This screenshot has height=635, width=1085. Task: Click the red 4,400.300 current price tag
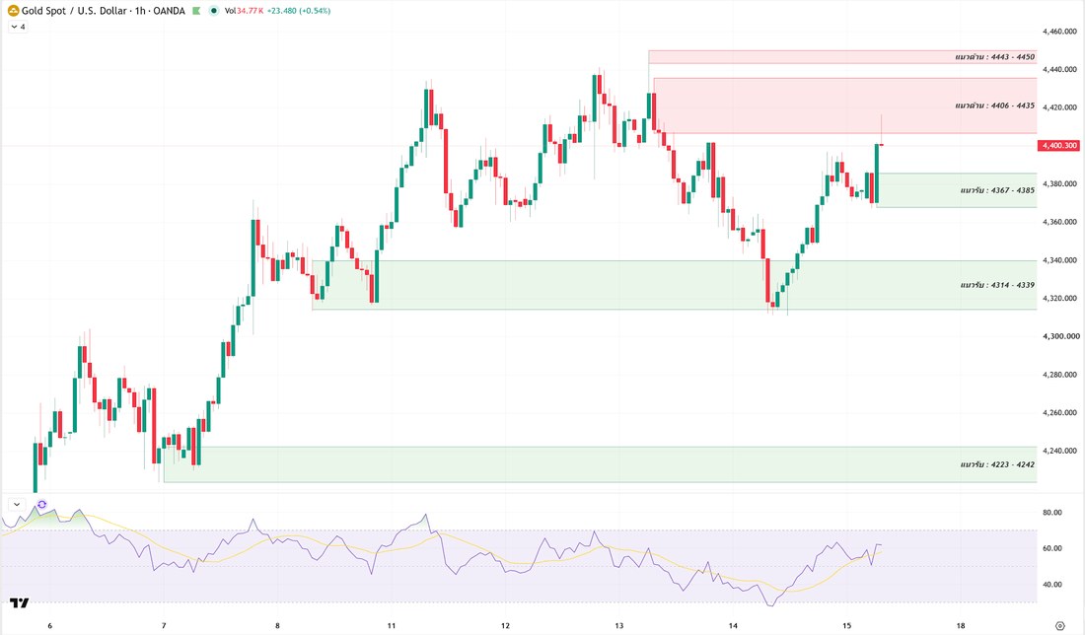tap(1058, 145)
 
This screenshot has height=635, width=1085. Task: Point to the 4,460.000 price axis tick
tap(1059, 32)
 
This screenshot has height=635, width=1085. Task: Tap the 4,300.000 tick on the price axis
tap(1060, 336)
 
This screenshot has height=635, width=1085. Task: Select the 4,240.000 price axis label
tap(1059, 451)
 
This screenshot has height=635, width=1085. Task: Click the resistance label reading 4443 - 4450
tap(994, 57)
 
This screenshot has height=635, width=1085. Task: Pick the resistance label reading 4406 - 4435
tap(994, 106)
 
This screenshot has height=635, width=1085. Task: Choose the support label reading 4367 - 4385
tap(997, 190)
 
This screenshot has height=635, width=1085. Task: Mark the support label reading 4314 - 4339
tap(997, 285)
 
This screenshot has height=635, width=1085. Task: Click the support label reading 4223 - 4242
tap(997, 464)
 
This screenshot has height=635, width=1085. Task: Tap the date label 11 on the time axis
tap(392, 625)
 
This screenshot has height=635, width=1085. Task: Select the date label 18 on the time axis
tap(961, 625)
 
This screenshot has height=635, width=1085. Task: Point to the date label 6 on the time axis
tap(50, 625)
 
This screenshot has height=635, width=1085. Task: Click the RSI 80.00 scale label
tap(1051, 513)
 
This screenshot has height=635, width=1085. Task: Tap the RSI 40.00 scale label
tap(1051, 585)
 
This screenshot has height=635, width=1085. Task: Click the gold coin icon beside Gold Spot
tap(13, 11)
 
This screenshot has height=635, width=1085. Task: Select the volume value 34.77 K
tap(250, 11)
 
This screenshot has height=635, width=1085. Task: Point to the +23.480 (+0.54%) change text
tap(299, 11)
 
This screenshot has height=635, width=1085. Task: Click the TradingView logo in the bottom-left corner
tap(20, 603)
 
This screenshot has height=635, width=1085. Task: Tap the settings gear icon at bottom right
tap(1059, 625)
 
